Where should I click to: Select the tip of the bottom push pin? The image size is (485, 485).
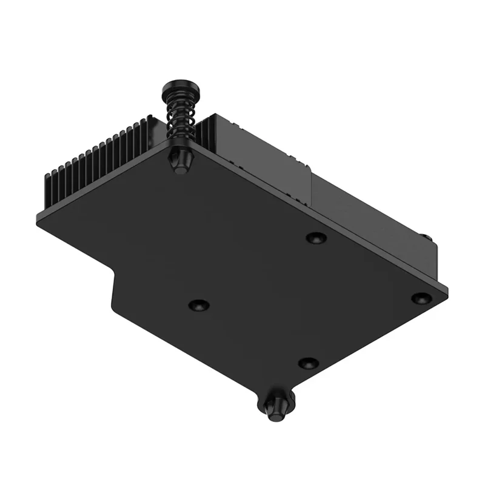click(276, 413)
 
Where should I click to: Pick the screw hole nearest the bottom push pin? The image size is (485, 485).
click(309, 363)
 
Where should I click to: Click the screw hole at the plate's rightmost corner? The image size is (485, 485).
click(421, 298)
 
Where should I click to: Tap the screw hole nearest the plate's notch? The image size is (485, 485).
click(198, 304)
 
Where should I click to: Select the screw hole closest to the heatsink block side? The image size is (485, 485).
click(316, 238)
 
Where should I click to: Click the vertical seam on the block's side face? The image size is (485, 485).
click(311, 188)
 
